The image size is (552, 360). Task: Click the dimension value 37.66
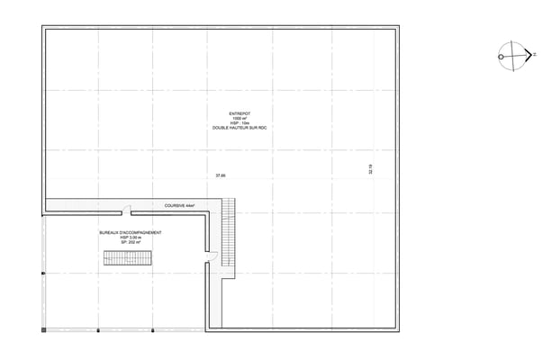[220, 175]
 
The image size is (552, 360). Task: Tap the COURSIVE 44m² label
[180, 206]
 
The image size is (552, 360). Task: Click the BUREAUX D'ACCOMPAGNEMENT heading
[131, 232]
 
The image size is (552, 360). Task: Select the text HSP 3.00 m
[131, 238]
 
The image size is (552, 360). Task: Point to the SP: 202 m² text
[131, 243]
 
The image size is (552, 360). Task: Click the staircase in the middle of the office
[127, 259]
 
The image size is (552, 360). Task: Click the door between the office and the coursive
[127, 211]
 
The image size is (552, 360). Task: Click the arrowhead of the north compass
[526, 56]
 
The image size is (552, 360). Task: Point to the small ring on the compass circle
[500, 56]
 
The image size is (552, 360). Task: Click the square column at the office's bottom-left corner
[43, 330]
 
